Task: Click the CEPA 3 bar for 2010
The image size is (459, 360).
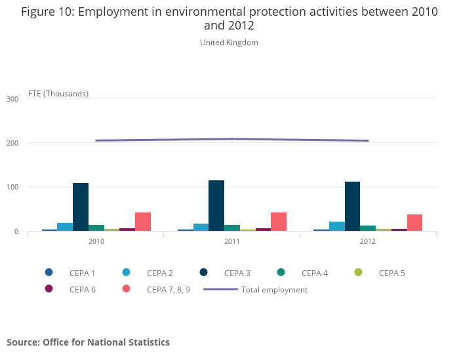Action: click(81, 207)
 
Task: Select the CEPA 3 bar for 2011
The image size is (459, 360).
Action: click(216, 206)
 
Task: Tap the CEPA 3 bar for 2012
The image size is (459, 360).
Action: click(352, 207)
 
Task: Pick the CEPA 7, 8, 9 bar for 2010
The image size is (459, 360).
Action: click(143, 222)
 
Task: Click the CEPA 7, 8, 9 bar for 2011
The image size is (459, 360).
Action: click(279, 222)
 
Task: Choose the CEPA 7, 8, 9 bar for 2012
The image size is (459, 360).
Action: click(414, 223)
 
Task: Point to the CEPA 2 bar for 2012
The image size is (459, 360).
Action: click(337, 226)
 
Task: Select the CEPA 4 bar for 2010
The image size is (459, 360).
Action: click(96, 228)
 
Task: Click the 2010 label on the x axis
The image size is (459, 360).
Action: click(96, 241)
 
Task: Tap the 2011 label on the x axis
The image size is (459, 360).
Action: click(231, 241)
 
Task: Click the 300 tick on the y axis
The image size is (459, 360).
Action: click(12, 99)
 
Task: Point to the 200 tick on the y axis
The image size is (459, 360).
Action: click(12, 143)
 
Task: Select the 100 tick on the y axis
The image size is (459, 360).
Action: click(12, 188)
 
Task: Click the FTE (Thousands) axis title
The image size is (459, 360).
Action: click(58, 93)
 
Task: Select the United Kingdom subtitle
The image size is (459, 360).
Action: click(229, 43)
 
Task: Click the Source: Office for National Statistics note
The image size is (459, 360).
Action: click(88, 342)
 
